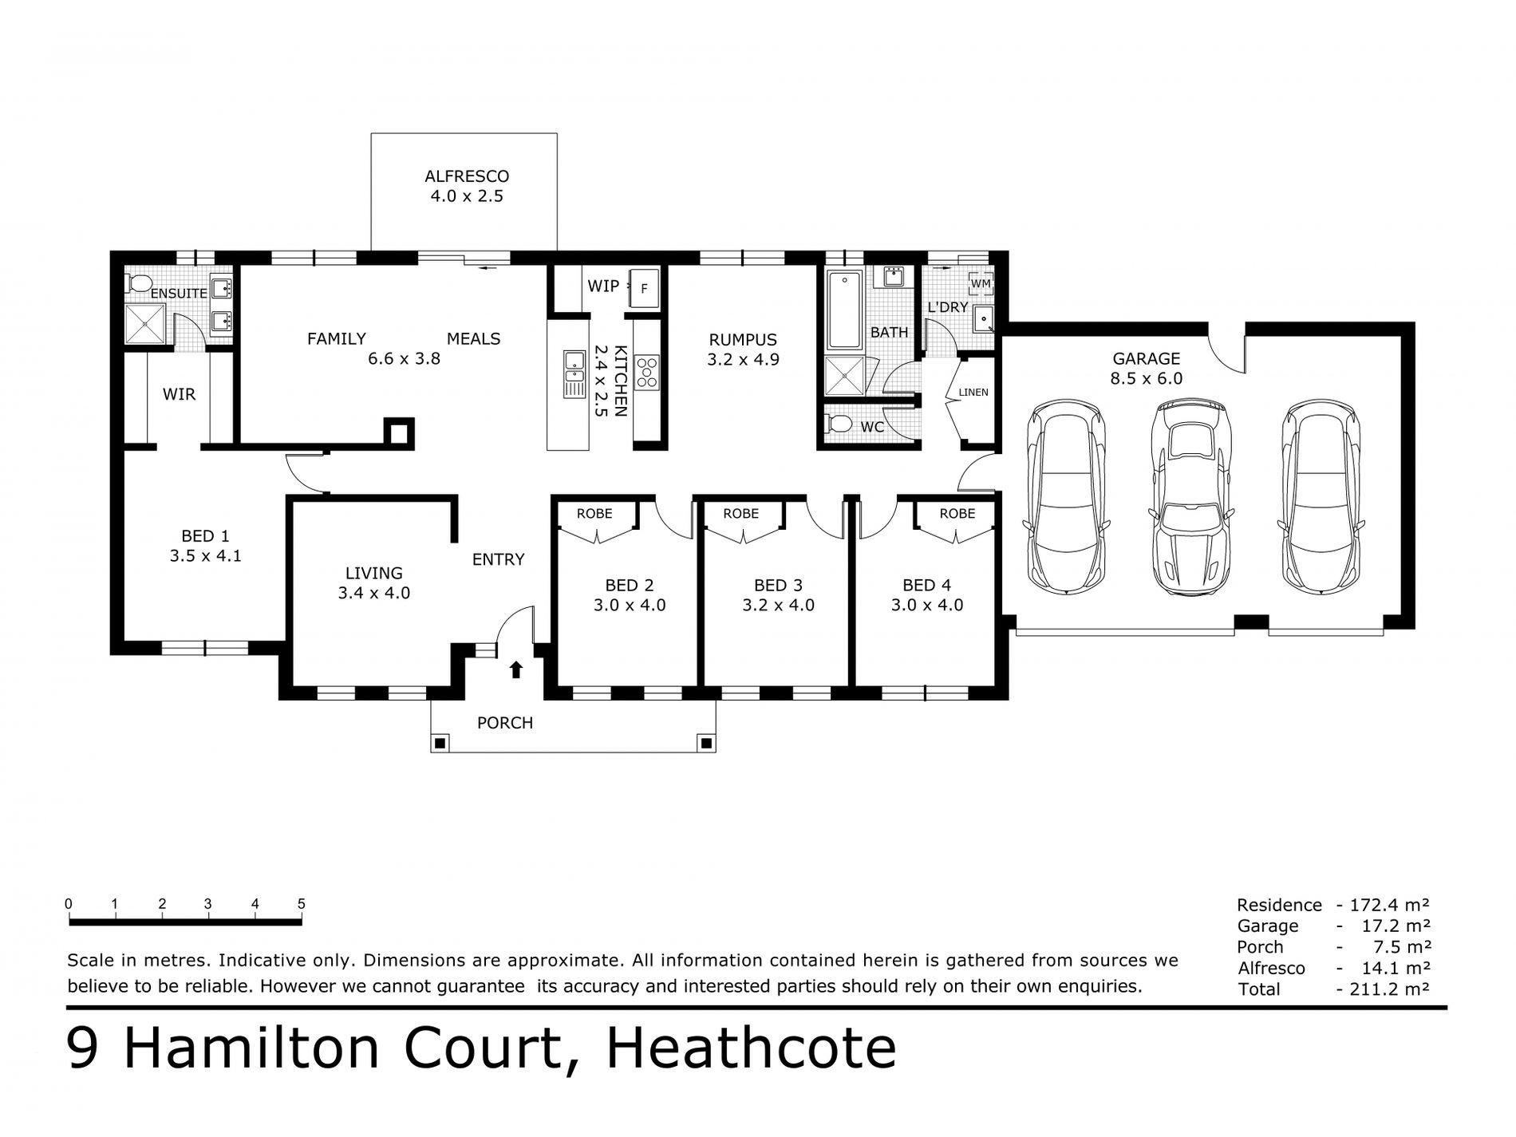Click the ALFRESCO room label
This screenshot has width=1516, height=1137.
click(x=467, y=176)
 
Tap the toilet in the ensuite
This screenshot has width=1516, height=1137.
click(x=140, y=283)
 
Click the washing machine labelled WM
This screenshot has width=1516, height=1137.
click(x=980, y=282)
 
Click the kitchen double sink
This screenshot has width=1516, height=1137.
click(x=574, y=373)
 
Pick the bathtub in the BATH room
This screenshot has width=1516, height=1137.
click(x=843, y=310)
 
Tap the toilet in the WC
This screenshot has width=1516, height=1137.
click(x=837, y=423)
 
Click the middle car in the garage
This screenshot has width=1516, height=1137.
click(x=1189, y=497)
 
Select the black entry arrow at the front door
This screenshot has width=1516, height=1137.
click(x=515, y=669)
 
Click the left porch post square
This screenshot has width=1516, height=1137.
click(x=440, y=744)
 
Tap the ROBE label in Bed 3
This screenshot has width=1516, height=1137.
click(x=741, y=513)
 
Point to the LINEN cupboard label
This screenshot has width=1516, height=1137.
click(x=973, y=392)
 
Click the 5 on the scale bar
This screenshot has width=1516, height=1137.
click(x=302, y=904)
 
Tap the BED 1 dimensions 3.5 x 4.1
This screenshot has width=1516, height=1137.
click(x=205, y=556)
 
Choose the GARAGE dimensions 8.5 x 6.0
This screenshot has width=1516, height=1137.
click(x=1147, y=379)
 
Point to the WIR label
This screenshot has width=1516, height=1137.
click(x=179, y=394)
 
